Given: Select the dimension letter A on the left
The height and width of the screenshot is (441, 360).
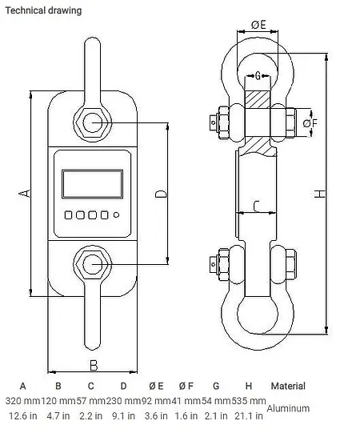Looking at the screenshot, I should coord(25,194).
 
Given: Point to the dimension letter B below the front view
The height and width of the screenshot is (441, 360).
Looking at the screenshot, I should coord(93,365).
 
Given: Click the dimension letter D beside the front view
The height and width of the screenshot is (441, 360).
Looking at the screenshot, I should coord(160,194).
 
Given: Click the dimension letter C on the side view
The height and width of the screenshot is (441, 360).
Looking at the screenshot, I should coord(255,206).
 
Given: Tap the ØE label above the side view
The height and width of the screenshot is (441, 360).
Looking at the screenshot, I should coord(258,26).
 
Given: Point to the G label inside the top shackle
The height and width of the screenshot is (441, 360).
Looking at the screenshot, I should coord(259,76).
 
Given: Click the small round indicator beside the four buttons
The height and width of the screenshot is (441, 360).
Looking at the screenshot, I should coord(117,214).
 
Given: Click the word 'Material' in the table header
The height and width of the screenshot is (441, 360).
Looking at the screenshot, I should coord(288,386).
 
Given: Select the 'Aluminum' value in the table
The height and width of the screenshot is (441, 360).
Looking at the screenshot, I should coord(288,408).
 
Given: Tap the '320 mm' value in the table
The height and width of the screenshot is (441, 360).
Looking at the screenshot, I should coord(22,400).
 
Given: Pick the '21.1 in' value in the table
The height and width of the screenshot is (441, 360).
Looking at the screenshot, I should coord(249,416).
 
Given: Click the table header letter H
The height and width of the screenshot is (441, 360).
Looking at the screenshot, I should coord(249,386).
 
